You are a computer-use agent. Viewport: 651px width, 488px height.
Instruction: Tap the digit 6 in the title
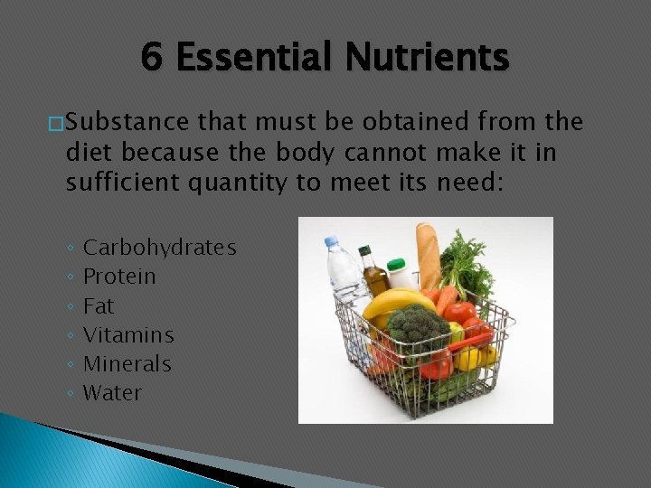pyautogui.click(x=152, y=59)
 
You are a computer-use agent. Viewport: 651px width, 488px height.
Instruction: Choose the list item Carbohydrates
pyautogui.click(x=159, y=247)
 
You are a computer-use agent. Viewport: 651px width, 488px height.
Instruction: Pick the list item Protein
pyautogui.click(x=119, y=276)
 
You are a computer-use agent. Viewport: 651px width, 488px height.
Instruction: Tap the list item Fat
pyautogui.click(x=99, y=305)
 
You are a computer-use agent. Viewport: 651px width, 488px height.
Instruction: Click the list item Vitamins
pyautogui.click(x=128, y=334)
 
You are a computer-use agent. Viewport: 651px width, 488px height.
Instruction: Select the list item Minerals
pyautogui.click(x=127, y=364)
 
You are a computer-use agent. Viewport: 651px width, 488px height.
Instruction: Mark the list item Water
pyautogui.click(x=112, y=393)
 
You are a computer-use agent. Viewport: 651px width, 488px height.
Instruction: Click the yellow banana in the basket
pyautogui.click(x=394, y=301)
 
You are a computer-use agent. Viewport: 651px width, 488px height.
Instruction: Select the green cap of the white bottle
pyautogui.click(x=395, y=263)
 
